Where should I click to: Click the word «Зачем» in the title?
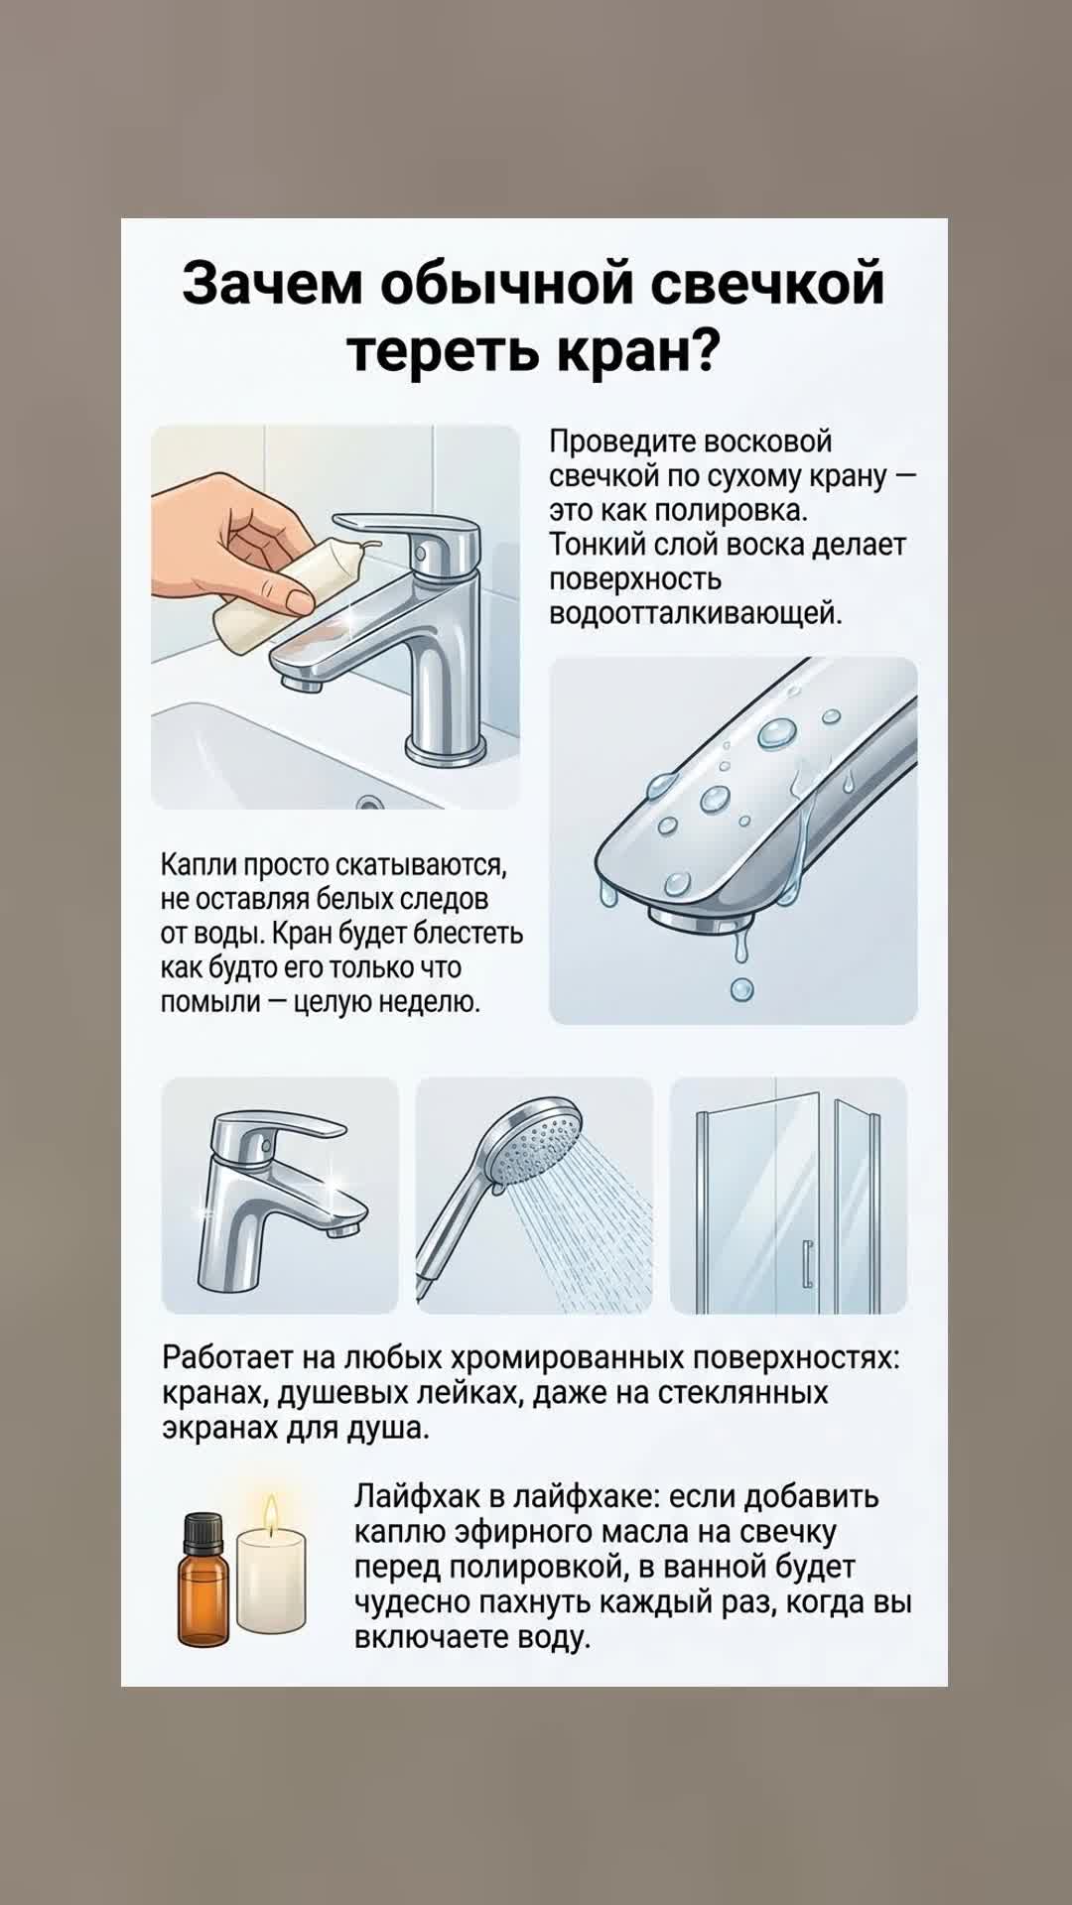(272, 284)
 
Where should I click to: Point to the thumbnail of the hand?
(299, 596)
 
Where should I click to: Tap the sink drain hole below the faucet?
(370, 802)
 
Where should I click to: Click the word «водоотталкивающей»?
(695, 613)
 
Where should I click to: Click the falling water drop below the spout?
(741, 989)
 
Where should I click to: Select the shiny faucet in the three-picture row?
(278, 1196)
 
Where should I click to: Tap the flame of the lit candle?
(270, 1515)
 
